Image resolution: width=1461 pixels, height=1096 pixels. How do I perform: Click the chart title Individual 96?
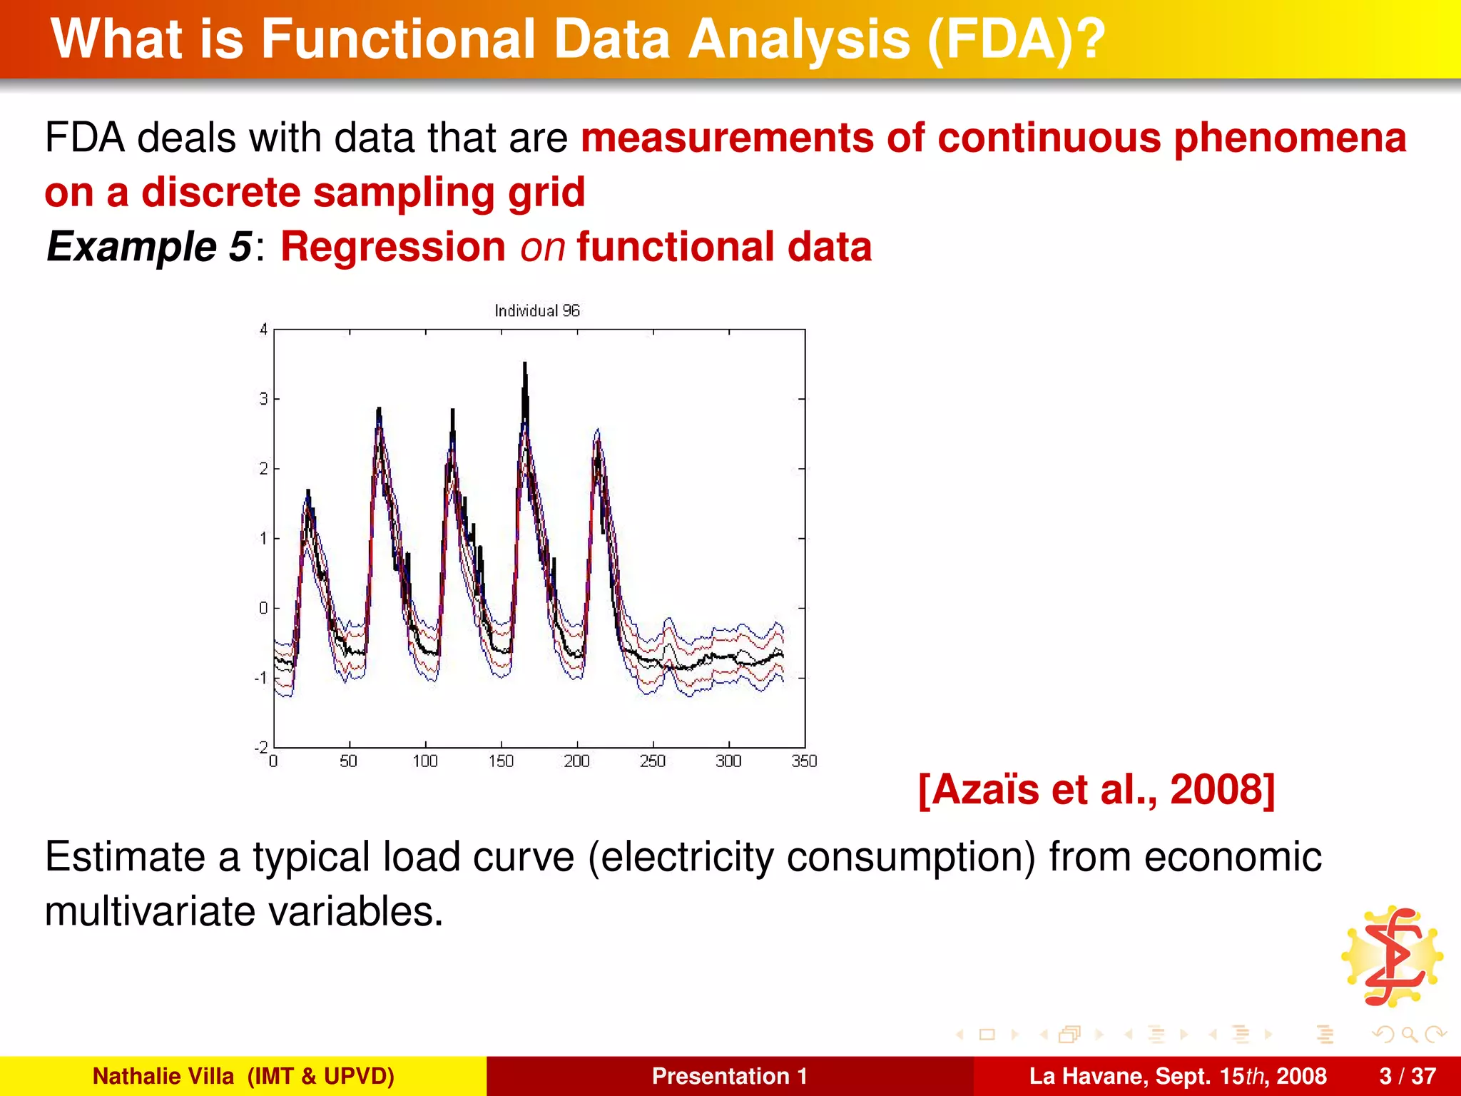pos(536,310)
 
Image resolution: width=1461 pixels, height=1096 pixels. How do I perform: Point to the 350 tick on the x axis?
pos(804,761)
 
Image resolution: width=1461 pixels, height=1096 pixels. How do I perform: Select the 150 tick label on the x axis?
pos(501,761)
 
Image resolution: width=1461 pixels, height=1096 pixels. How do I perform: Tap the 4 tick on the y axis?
pos(263,330)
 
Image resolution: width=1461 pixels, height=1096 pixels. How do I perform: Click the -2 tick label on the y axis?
pos(261,747)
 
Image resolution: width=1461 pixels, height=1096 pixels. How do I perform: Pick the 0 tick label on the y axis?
pos(263,608)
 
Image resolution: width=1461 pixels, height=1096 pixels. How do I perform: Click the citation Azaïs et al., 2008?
pos(1096,790)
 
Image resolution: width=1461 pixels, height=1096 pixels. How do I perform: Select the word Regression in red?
pos(393,247)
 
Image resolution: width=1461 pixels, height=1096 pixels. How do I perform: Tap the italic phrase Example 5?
pos(148,247)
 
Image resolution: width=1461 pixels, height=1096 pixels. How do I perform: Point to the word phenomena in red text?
pos(1290,138)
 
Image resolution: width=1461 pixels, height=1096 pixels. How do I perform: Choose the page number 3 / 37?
pos(1407,1076)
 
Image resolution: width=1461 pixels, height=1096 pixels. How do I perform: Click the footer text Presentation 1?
pos(729,1076)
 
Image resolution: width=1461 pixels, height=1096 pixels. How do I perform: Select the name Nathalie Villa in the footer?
pos(163,1076)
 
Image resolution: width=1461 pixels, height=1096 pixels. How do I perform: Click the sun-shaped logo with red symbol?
pos(1392,956)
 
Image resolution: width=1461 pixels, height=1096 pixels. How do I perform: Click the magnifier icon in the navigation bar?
pos(1408,1034)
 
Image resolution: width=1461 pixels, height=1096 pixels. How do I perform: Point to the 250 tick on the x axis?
pos(652,761)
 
